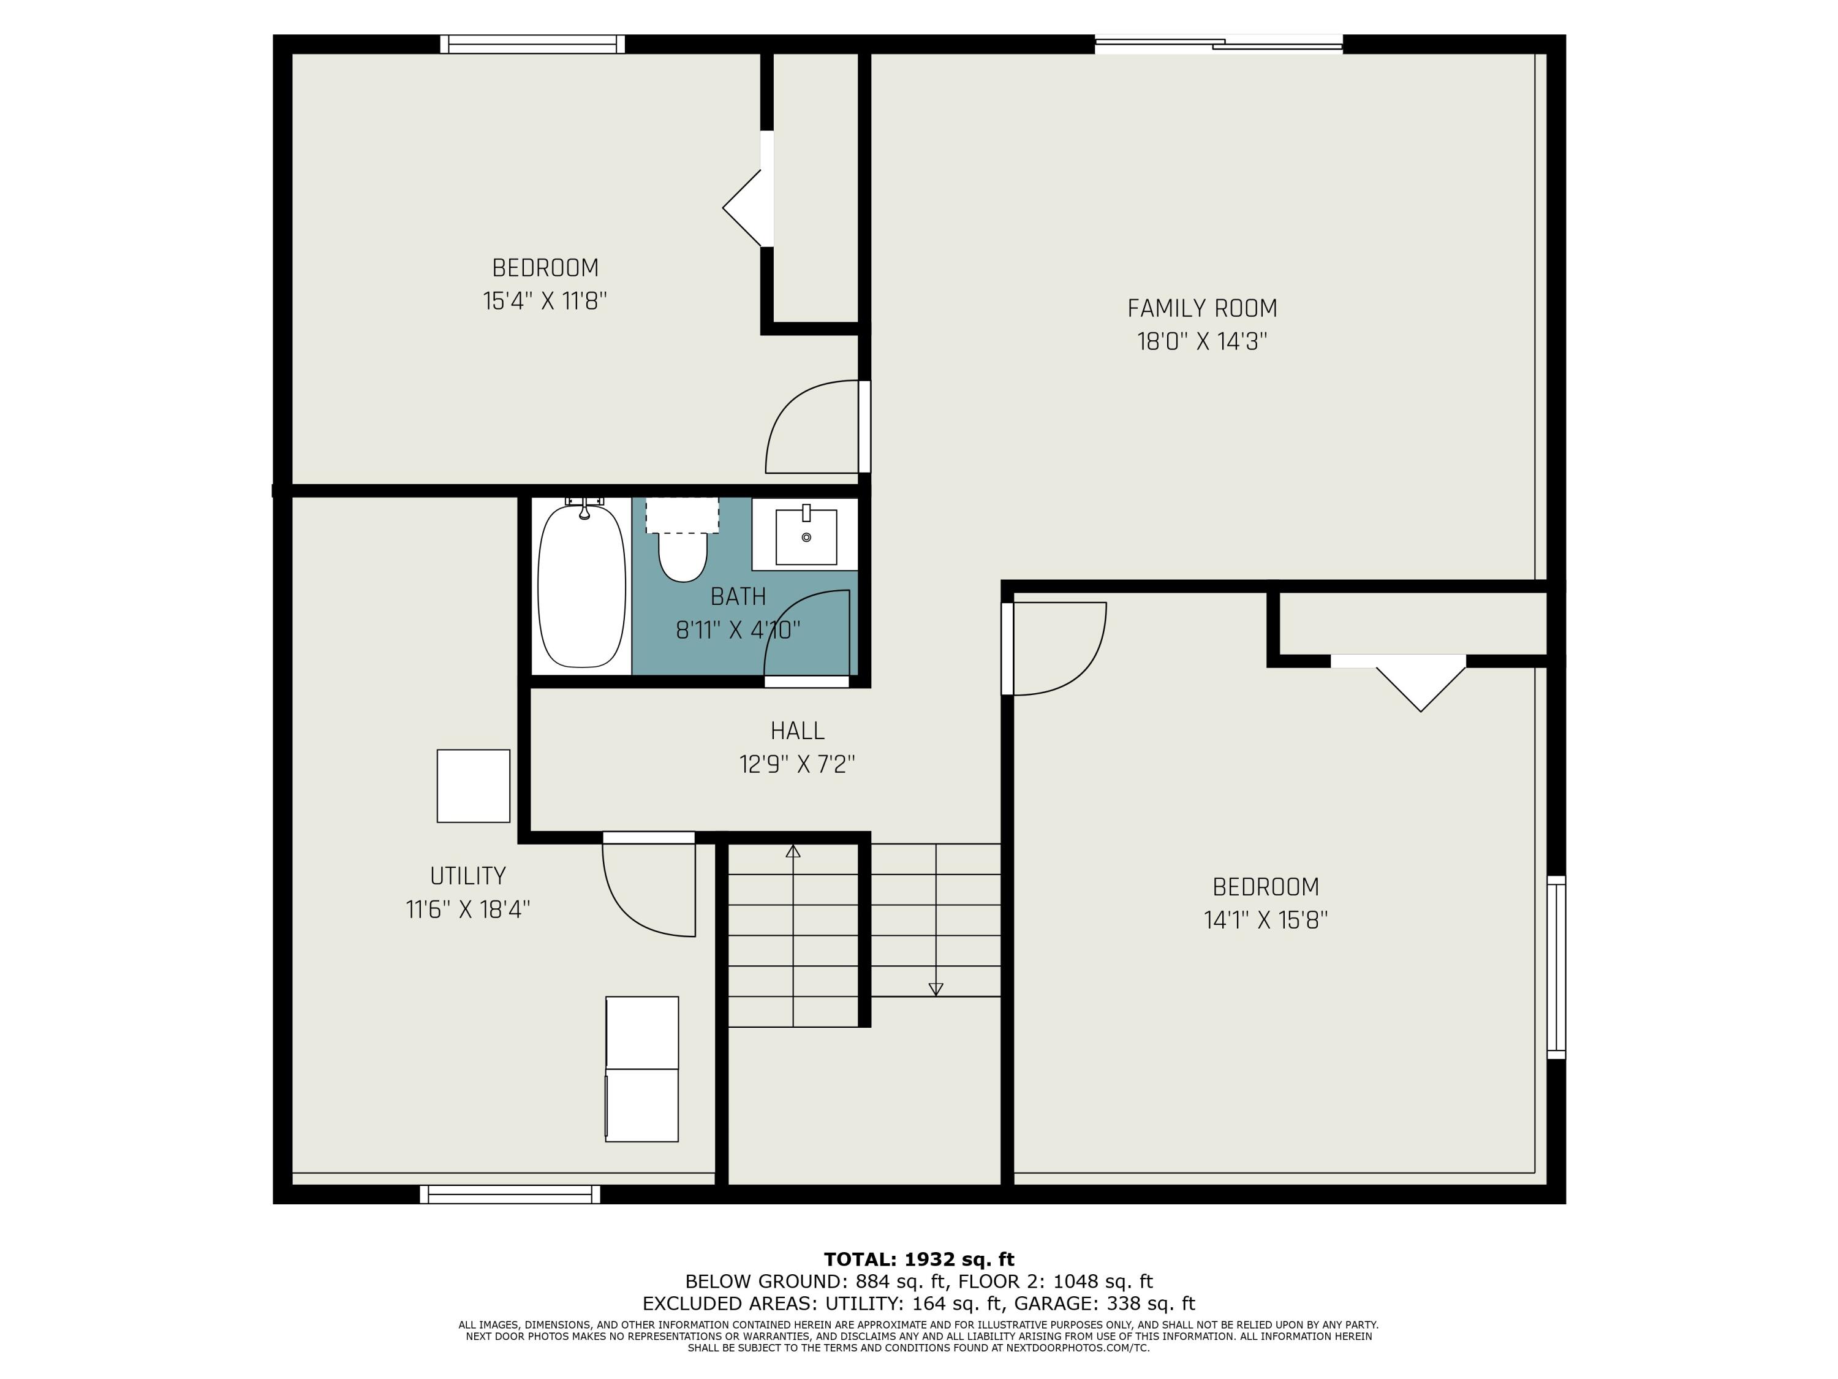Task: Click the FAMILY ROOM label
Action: click(1201, 308)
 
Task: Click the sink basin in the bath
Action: click(805, 538)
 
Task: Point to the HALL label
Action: click(797, 731)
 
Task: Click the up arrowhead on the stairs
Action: click(793, 851)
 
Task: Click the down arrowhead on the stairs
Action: click(936, 989)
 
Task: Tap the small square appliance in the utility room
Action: click(473, 786)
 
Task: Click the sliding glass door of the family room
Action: click(1218, 44)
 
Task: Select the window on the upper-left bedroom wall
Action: click(532, 44)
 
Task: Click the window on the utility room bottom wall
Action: click(509, 1195)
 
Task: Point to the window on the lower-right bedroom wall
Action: click(1556, 967)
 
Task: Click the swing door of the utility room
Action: click(649, 887)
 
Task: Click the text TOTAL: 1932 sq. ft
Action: click(918, 1259)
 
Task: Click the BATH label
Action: click(738, 596)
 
